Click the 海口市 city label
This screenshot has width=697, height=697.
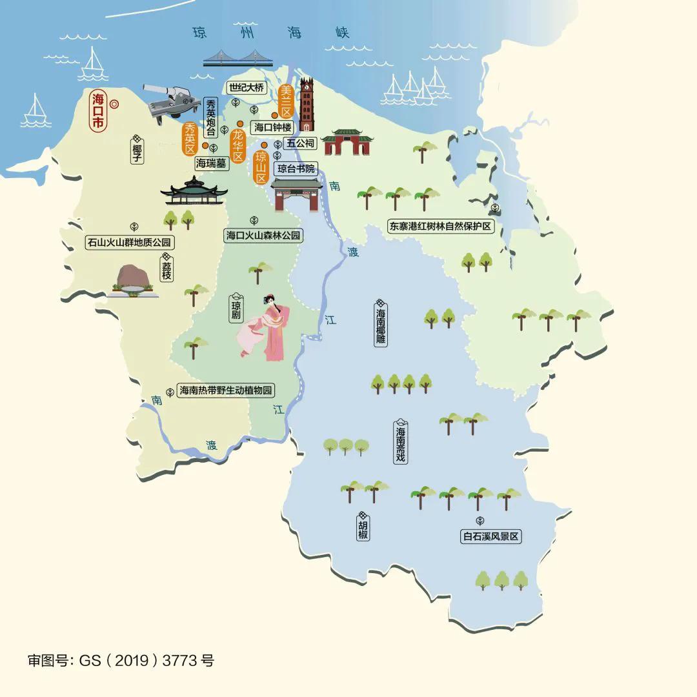[98, 112]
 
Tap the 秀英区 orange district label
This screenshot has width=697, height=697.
[190, 137]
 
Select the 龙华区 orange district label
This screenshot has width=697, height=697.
[238, 145]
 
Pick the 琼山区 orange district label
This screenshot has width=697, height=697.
[261, 167]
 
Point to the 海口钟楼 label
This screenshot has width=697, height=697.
[274, 128]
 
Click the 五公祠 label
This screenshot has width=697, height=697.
[300, 143]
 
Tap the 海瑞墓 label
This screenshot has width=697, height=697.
[212, 164]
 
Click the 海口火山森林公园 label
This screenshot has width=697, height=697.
[263, 236]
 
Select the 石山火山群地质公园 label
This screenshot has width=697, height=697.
[130, 243]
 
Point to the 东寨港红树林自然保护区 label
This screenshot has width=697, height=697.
[440, 227]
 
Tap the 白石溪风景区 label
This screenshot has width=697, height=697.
[490, 536]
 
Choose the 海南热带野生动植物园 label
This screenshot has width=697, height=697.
[227, 390]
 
